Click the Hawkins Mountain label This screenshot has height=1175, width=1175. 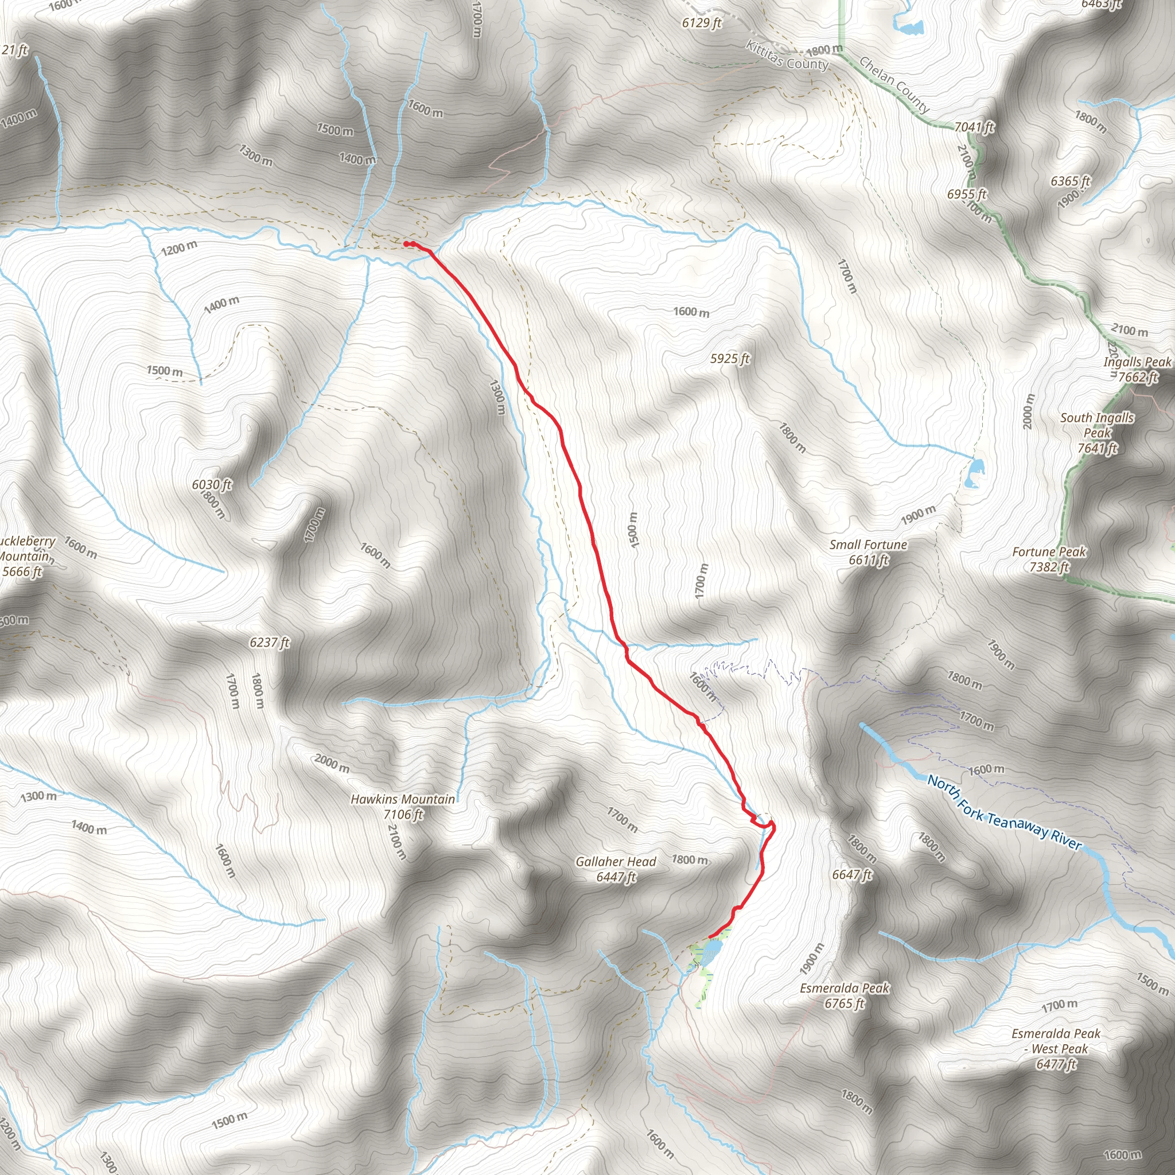[x=403, y=807]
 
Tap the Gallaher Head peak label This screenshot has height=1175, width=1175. [x=616, y=869]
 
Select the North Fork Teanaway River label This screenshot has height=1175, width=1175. [x=1004, y=813]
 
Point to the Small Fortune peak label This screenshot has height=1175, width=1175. [x=868, y=551]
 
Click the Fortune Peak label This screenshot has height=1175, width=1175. [x=1049, y=559]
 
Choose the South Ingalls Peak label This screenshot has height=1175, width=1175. [x=1097, y=433]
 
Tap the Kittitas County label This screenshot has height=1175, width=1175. [x=787, y=56]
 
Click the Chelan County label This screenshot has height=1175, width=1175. [x=894, y=85]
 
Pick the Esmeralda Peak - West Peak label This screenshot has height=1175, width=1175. [x=1056, y=1049]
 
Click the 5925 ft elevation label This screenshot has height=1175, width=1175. [x=730, y=359]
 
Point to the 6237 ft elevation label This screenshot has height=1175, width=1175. [x=270, y=642]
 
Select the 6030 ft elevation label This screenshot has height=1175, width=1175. [x=212, y=485]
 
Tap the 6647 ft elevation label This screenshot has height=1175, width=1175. [x=852, y=874]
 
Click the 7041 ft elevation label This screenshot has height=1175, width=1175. [x=974, y=127]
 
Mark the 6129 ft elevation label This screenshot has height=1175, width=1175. [x=701, y=23]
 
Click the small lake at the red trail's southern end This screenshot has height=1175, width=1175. [x=711, y=949]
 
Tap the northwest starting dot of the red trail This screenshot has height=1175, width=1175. [x=406, y=244]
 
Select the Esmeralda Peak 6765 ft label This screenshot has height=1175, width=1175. [x=844, y=995]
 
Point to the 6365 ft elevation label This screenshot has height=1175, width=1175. [x=1071, y=181]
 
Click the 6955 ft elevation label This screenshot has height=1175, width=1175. [x=966, y=194]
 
